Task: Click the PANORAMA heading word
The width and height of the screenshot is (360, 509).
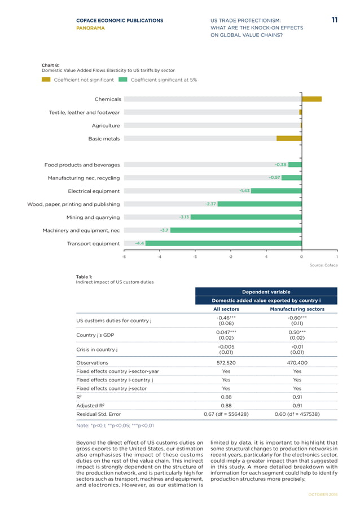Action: point(90,27)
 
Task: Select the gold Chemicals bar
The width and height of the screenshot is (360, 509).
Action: point(311,99)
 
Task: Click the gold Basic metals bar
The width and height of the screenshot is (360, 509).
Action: point(288,138)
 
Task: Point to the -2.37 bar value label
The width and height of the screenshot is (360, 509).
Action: point(211,204)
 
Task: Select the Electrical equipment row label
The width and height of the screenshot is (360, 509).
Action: point(94,191)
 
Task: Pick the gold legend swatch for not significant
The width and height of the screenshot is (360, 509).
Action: point(46,80)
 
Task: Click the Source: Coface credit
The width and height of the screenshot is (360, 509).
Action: point(323,265)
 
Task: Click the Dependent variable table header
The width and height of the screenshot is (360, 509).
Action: point(266,292)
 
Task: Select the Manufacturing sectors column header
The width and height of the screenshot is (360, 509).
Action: point(297,309)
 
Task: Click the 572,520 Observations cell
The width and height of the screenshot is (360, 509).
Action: point(226,363)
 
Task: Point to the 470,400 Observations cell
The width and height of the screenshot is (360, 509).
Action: point(297,363)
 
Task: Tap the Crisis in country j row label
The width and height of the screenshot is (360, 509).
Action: point(100,350)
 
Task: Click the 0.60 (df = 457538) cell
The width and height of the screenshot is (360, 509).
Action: point(297,414)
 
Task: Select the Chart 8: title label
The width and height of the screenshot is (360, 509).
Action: point(52,65)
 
